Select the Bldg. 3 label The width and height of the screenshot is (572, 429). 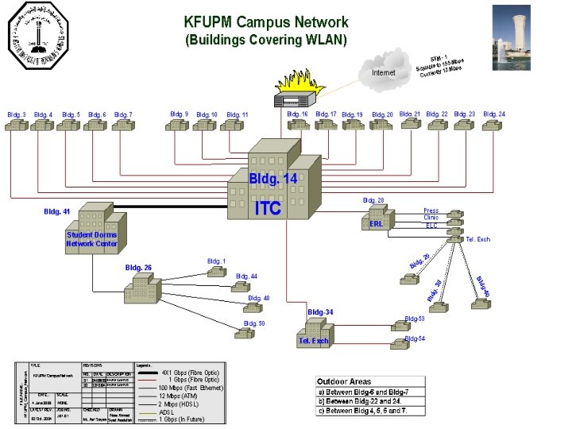(17, 115)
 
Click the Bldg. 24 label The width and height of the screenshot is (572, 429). (494, 114)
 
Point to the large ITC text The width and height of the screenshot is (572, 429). (268, 208)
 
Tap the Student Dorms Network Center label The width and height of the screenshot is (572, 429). (92, 239)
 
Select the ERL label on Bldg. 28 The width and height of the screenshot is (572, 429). (376, 224)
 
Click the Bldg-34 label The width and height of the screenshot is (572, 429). (320, 312)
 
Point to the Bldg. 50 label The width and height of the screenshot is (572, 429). (254, 323)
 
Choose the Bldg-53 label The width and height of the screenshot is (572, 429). (415, 319)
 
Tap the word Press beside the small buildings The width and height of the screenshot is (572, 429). (431, 211)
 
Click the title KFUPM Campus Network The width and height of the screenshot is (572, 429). (265, 22)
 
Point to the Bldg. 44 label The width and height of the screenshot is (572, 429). (246, 276)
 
